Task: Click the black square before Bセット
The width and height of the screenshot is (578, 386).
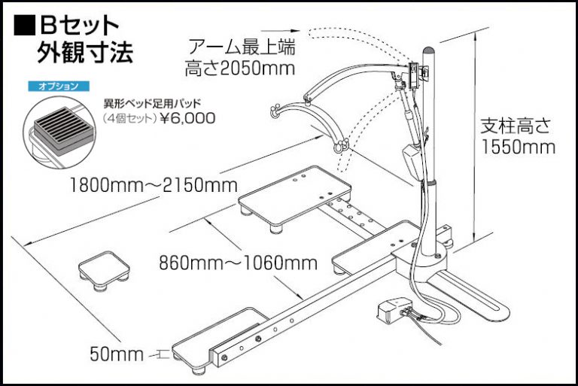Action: click(x=24, y=25)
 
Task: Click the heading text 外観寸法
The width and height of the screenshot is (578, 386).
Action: click(x=85, y=53)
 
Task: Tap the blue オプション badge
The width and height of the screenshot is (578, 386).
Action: click(x=59, y=87)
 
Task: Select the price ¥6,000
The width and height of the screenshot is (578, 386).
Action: click(x=187, y=118)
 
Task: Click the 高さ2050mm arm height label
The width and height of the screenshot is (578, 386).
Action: click(x=240, y=68)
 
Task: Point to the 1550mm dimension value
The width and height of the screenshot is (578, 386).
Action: click(x=518, y=147)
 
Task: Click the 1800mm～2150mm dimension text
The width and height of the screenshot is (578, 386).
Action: click(x=154, y=185)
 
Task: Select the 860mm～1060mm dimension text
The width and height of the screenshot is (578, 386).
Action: click(x=238, y=263)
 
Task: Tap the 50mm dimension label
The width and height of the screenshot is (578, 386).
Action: click(x=116, y=354)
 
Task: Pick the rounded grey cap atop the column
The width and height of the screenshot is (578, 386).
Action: click(x=429, y=50)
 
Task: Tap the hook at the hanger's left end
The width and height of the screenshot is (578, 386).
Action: click(x=275, y=111)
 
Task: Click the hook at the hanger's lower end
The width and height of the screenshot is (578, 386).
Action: click(x=341, y=147)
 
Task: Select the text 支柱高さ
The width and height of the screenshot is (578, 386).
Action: click(x=516, y=126)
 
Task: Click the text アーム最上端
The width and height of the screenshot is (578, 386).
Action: click(x=242, y=47)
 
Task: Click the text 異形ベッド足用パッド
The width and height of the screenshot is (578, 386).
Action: click(x=152, y=103)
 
